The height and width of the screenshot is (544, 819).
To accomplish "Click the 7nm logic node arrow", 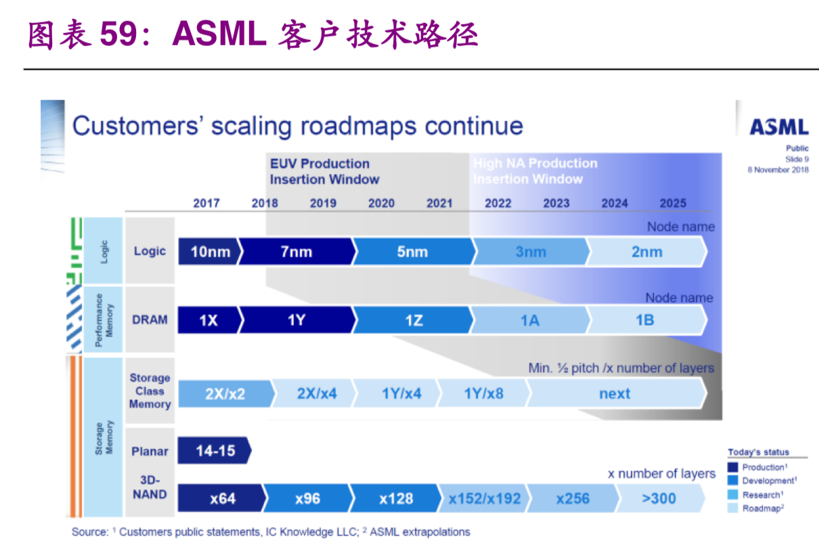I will pos(296,252).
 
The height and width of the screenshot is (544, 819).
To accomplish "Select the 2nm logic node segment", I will pos(646,252).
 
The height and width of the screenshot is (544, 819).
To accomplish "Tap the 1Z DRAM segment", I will pos(413,320).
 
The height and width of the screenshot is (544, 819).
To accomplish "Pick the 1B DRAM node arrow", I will pos(645,320).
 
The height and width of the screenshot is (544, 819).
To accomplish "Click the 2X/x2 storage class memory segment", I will pos(225,393).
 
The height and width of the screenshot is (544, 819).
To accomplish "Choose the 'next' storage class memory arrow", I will pos(615,393).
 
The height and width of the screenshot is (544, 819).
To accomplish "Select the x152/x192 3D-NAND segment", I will pos(484,499).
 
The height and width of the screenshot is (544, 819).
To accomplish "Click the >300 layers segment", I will pos(659,499).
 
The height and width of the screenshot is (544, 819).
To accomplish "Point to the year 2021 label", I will pos(439,203).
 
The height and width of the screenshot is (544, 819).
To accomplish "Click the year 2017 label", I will pos(206,203).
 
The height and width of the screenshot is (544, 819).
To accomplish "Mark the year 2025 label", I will pos(673,203).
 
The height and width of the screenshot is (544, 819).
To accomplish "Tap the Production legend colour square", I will pos(732,467).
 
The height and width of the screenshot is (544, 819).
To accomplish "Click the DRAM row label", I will pos(150,319).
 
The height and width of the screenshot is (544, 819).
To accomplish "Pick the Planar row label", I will pos(150,451).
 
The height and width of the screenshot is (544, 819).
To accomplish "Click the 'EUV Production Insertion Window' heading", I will pos(324,171).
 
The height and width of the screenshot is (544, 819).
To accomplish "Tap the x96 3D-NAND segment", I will pos(307,499).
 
